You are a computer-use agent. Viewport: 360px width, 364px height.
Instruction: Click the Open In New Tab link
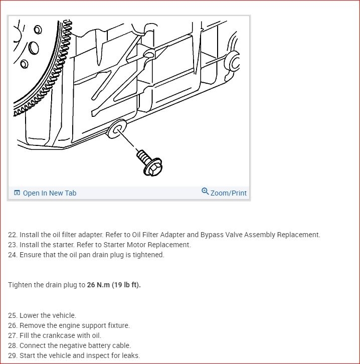[x=50, y=193]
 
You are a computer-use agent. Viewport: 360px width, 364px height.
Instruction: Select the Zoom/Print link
[x=228, y=193]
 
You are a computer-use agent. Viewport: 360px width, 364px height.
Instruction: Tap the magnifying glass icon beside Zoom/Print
[x=205, y=192]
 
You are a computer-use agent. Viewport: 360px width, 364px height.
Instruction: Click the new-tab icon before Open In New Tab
[x=17, y=193]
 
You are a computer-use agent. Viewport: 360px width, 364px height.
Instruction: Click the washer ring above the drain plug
[x=117, y=130]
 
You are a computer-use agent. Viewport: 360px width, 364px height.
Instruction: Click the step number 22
[x=13, y=235]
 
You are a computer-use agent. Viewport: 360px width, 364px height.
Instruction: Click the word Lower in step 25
[x=30, y=315]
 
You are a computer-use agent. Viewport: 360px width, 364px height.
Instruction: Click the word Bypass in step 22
[x=213, y=235]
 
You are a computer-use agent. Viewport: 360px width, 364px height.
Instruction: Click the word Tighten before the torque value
[x=22, y=285]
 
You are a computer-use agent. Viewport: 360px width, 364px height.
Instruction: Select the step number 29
[x=13, y=355]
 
